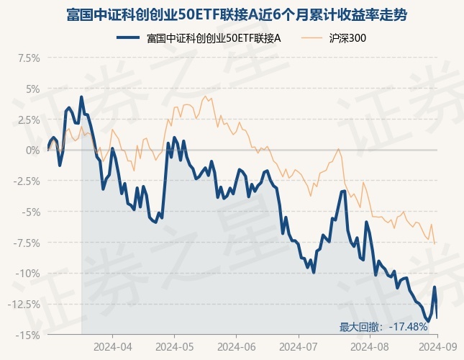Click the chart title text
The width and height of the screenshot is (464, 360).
click(232, 14)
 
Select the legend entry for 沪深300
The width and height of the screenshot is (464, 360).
click(346, 38)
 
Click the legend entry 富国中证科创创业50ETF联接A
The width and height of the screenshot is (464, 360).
click(201, 38)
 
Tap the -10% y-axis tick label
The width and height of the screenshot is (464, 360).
click(28, 273)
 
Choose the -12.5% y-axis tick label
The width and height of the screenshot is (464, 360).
click(24, 304)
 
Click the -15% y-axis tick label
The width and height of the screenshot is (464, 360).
click(28, 335)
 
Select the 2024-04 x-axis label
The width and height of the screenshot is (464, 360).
click(113, 346)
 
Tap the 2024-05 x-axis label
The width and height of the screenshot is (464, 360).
click(175, 346)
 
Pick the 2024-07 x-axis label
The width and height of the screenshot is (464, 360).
click(299, 346)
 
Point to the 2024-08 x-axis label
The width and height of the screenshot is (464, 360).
click(370, 346)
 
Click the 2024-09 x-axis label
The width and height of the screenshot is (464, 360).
click(433, 346)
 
